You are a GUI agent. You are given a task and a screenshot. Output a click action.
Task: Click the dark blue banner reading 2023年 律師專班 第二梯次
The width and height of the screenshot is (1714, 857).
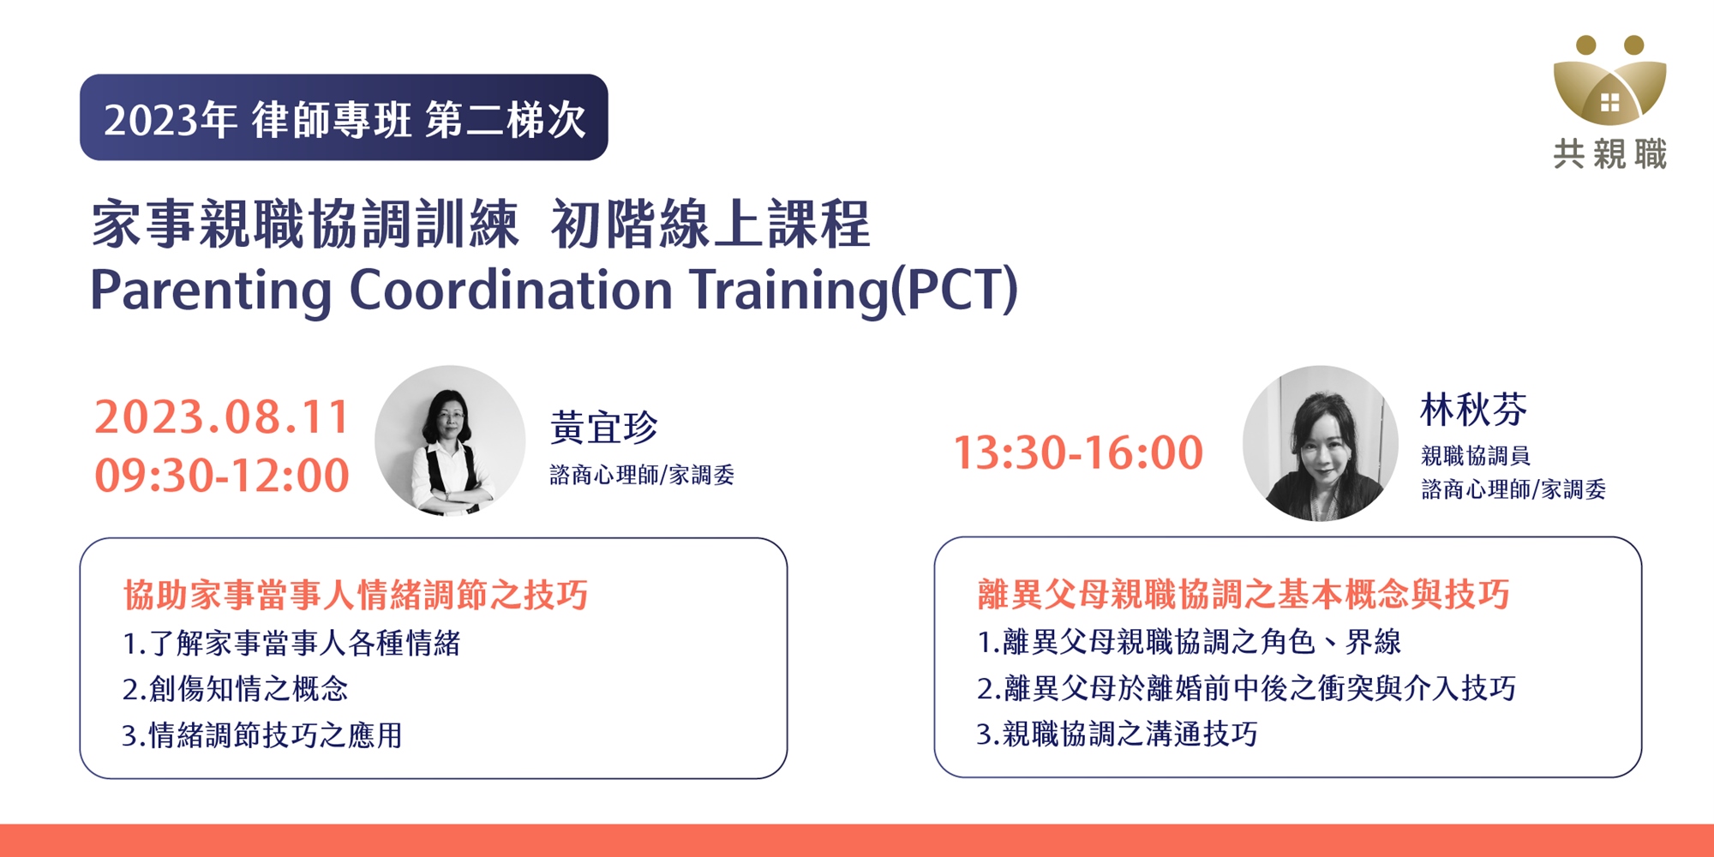[x=344, y=117]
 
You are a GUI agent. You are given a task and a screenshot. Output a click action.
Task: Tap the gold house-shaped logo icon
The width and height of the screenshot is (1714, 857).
[x=1609, y=81]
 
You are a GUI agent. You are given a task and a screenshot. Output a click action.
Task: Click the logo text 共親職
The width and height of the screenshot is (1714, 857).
[x=1610, y=154]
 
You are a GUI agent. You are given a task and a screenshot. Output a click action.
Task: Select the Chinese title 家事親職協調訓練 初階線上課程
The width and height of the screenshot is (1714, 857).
[x=481, y=224]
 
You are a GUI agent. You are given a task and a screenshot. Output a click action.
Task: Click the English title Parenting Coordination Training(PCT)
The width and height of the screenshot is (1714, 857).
[x=554, y=290]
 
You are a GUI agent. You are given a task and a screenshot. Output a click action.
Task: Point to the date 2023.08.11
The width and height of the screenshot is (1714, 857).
[x=222, y=417]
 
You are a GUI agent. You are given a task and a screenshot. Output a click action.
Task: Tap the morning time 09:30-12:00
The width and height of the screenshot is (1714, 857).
[x=222, y=475]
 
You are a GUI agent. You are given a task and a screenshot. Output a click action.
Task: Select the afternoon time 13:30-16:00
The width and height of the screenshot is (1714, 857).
[x=1078, y=452]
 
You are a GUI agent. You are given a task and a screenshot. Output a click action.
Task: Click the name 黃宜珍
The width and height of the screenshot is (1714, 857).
[x=604, y=427]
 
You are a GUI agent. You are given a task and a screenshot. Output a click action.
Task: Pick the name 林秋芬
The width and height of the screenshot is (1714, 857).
[x=1473, y=409]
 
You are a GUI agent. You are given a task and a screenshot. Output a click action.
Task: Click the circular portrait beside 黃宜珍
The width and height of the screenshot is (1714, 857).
[x=450, y=440]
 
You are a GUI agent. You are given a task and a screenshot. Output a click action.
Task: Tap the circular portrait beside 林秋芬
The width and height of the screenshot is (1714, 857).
[x=1321, y=443]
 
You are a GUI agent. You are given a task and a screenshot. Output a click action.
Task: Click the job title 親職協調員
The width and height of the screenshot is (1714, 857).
[x=1475, y=455]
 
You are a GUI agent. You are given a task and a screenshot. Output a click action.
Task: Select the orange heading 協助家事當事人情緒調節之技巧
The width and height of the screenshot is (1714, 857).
[x=356, y=595]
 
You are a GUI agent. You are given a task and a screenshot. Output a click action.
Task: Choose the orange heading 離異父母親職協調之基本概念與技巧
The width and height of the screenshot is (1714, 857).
[x=1244, y=594]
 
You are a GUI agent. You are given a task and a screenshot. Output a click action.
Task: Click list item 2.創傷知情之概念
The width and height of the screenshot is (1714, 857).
[x=236, y=688]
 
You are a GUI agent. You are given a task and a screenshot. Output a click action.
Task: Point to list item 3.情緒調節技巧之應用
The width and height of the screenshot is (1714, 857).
[x=262, y=734]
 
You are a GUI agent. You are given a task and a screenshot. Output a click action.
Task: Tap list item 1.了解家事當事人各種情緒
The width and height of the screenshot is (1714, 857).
[x=292, y=643]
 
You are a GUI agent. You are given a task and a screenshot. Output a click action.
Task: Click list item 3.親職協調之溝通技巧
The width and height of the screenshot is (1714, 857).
[x=1118, y=734]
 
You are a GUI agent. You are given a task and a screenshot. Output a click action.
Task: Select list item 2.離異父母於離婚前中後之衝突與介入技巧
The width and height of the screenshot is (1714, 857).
[x=1247, y=687]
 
